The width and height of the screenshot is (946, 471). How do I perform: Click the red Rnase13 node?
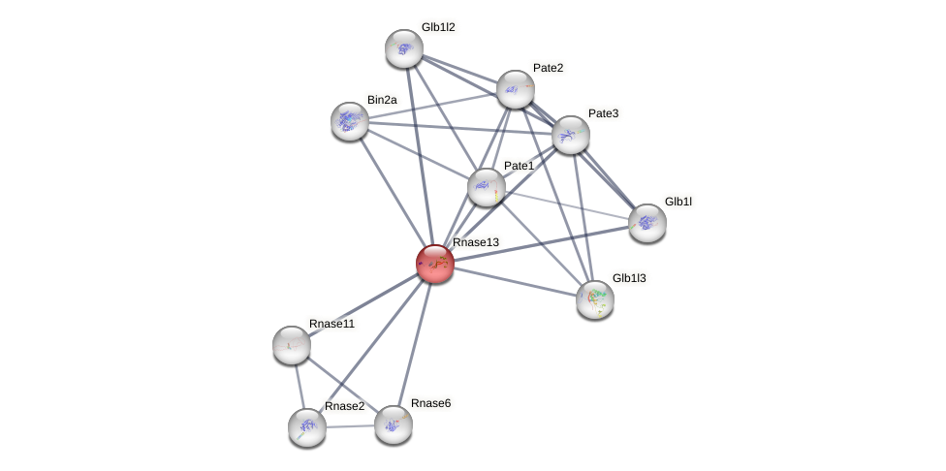pos(435,264)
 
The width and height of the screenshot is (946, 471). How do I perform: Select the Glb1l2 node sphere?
pos(404,48)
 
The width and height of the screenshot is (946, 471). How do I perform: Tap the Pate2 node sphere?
pos(516,89)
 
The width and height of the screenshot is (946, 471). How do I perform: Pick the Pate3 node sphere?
pos(571,135)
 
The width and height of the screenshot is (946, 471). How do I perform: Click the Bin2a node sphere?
pos(350,121)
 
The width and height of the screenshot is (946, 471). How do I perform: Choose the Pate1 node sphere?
pos(487,187)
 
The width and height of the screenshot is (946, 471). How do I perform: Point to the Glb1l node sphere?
pos(647,223)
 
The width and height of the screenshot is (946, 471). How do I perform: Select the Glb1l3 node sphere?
pos(595,299)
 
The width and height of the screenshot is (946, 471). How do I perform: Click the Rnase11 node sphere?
pos(292,345)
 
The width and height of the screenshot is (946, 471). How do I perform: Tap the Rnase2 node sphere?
pos(307,427)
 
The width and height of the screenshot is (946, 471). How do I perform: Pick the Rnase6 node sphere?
pos(394,424)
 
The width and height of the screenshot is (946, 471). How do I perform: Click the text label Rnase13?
pos(476,242)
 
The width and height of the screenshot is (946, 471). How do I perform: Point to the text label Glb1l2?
pos(438,27)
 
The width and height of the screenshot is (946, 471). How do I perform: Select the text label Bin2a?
pos(382,100)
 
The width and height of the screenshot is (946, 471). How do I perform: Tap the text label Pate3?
pos(603,113)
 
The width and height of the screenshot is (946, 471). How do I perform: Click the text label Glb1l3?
pos(629,278)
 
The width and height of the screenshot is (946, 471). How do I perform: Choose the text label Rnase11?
pos(331,324)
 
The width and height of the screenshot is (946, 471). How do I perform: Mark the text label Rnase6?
pos(430,403)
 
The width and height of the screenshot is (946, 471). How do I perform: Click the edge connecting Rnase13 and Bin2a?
pos(393,192)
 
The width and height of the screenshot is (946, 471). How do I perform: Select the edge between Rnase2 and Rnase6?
pos(351,426)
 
